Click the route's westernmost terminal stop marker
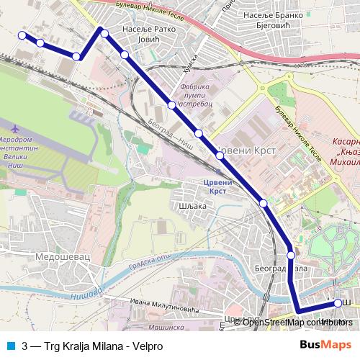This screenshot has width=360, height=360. coord(22,35)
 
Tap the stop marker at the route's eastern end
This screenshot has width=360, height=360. coord(338,303)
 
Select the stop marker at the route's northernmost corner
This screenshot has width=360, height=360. coord(104,33)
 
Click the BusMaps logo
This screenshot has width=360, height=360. coord(325,343)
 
